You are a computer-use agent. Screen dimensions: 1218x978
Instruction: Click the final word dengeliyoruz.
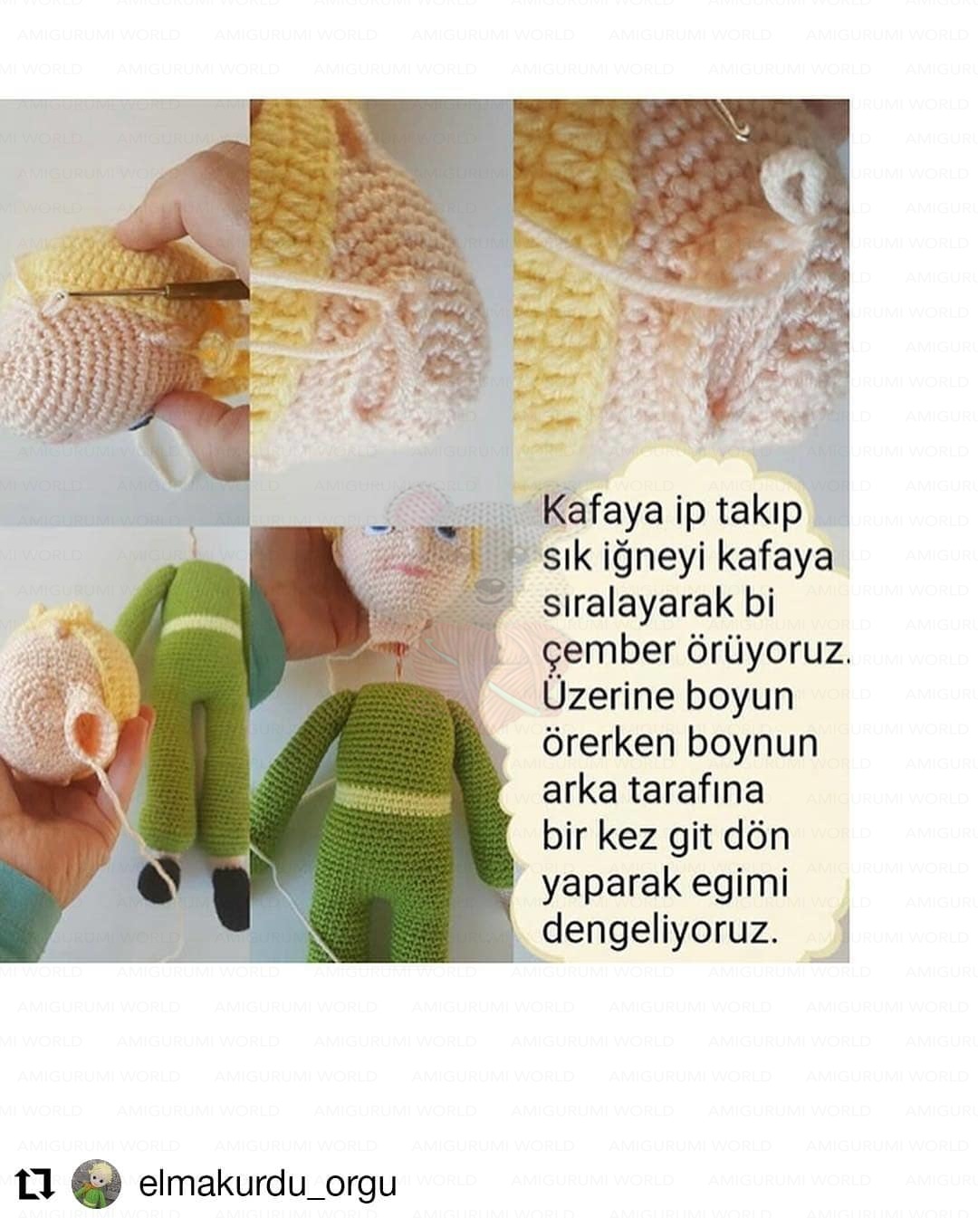(x=660, y=929)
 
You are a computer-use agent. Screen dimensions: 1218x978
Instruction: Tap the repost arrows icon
(x=34, y=1184)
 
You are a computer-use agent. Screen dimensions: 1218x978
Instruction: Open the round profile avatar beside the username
(x=96, y=1184)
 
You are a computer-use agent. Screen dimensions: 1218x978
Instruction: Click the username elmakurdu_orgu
(x=267, y=1184)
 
